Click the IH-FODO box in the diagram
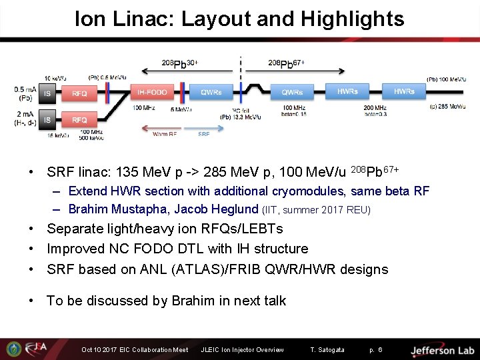[153, 91]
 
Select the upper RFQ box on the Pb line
[79, 94]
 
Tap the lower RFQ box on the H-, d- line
[79, 120]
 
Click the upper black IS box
[47, 94]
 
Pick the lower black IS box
[47, 120]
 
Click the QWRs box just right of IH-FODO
[211, 91]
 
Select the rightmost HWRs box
[403, 91]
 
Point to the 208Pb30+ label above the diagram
[179, 64]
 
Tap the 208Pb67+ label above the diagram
[286, 64]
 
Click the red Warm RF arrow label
[165, 134]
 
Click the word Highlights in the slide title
[352, 19]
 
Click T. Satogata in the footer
[327, 350]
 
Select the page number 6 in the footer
[380, 350]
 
